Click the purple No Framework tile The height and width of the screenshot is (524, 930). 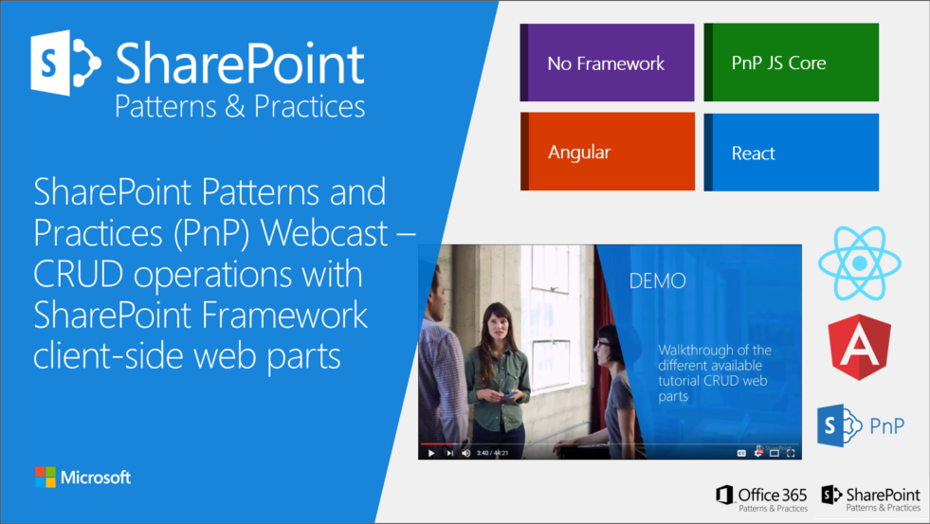607,63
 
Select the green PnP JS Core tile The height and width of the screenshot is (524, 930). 791,63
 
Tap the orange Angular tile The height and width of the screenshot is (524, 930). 607,153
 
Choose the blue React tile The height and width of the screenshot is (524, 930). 791,153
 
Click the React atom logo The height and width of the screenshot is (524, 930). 858,262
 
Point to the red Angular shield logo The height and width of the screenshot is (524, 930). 859,347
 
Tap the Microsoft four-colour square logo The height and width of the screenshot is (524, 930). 45,477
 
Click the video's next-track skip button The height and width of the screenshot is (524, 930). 449,453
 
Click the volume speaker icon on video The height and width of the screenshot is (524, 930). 465,453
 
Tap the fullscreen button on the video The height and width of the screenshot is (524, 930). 792,453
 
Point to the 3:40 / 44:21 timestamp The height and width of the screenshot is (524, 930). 492,453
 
